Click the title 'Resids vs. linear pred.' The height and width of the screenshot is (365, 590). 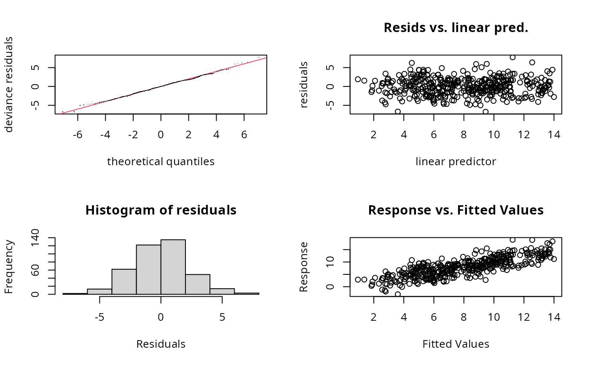click(456, 28)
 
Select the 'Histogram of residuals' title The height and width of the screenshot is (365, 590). click(161, 210)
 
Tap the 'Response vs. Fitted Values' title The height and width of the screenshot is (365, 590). click(456, 210)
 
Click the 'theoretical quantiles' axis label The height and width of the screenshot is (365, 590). click(161, 161)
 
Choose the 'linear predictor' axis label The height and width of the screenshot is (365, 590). click(456, 161)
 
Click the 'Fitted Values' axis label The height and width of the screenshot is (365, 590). click(456, 344)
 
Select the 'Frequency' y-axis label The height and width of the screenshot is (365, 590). click(9, 266)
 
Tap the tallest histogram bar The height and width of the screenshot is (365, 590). click(173, 266)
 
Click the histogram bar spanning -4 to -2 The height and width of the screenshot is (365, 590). click(124, 282)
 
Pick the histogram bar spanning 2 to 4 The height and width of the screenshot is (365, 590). click(197, 284)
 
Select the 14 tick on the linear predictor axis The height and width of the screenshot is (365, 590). click(554, 134)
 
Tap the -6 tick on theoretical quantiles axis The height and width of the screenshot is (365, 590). click(78, 134)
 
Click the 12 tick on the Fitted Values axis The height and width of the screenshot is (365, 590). click(524, 317)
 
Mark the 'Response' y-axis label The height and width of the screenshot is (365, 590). click(304, 266)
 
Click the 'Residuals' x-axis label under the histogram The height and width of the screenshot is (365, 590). click(161, 344)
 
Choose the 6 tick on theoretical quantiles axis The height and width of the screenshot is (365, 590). click(244, 134)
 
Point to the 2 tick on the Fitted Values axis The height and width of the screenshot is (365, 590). click(373, 317)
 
